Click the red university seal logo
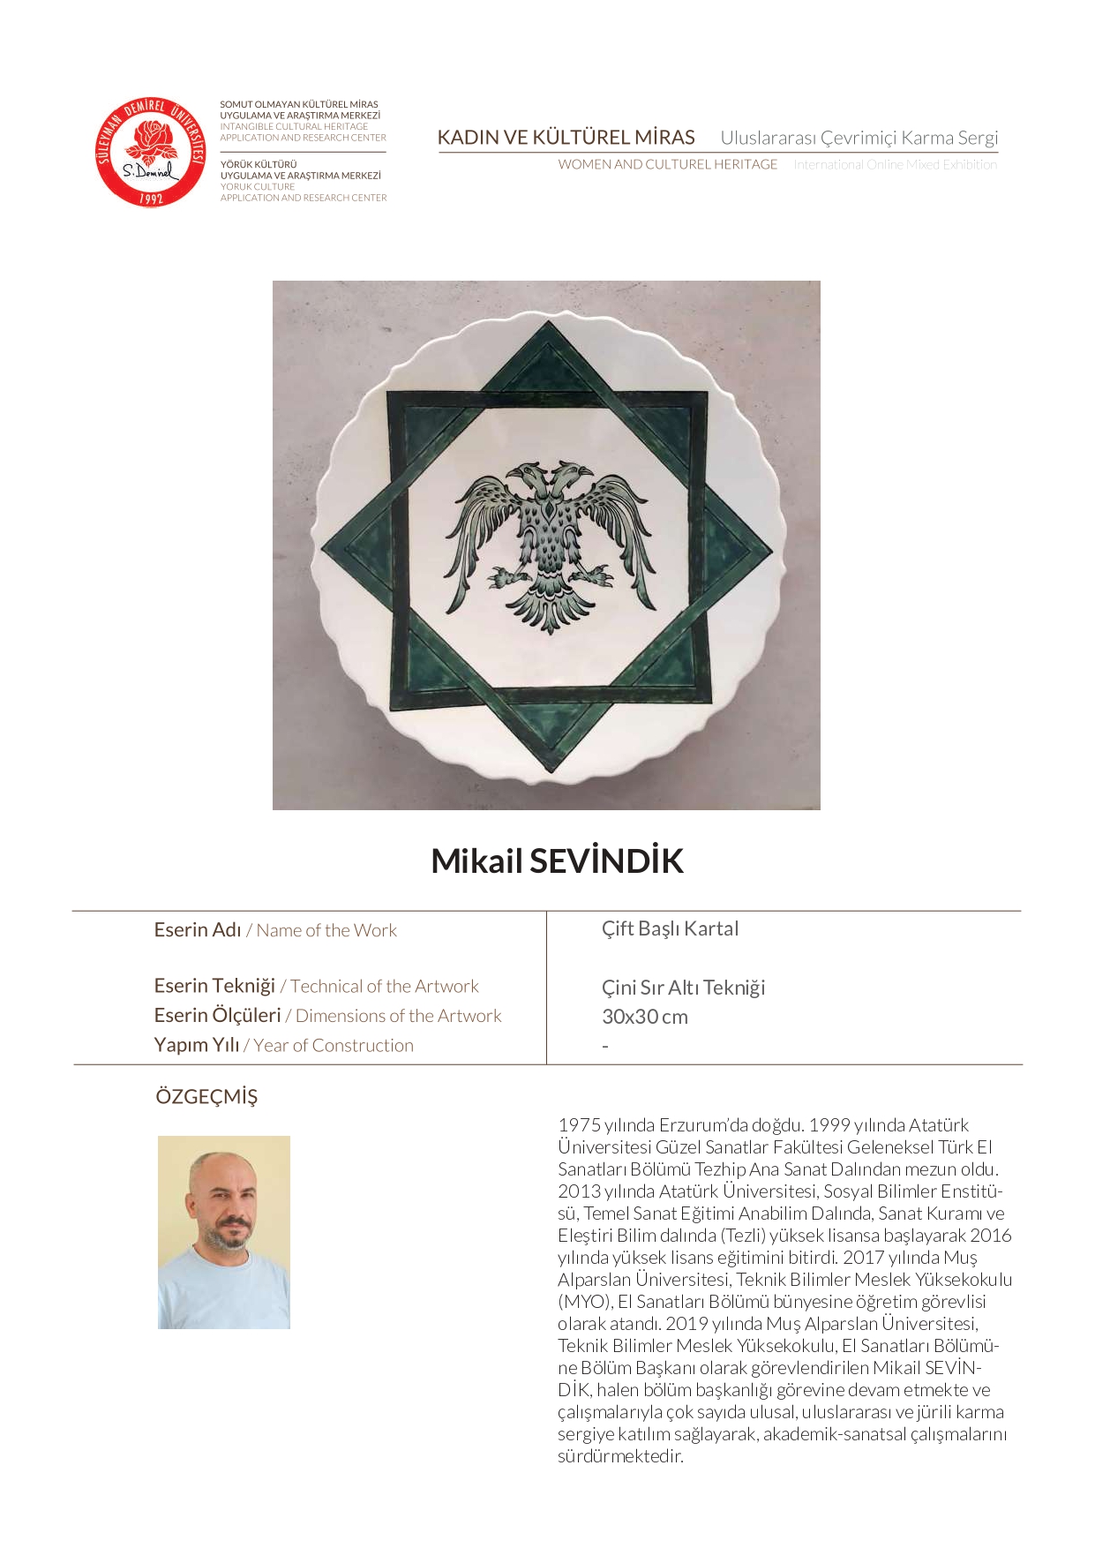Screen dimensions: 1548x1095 [x=150, y=152]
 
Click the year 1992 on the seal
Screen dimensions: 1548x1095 [x=151, y=198]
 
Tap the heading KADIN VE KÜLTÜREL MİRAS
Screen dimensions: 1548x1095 [x=566, y=138]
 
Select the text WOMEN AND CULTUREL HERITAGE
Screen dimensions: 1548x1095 [x=667, y=164]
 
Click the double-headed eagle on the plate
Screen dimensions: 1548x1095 [x=550, y=544]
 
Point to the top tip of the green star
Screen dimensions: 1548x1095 [x=549, y=325]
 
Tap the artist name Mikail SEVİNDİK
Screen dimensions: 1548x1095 [x=557, y=861]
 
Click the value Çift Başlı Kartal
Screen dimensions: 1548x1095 [x=670, y=928]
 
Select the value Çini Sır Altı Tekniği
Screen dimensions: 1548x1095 [x=683, y=987]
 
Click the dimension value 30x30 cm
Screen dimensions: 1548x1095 [x=644, y=1017]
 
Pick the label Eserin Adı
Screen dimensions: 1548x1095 [x=197, y=930]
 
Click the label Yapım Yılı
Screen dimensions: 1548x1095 [x=196, y=1045]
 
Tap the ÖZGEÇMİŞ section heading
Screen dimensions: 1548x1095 [x=206, y=1097]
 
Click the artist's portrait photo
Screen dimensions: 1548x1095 [x=224, y=1232]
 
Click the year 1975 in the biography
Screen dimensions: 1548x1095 [x=579, y=1125]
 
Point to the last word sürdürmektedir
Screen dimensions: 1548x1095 [x=620, y=1456]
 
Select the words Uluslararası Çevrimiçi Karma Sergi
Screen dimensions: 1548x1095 [x=859, y=138]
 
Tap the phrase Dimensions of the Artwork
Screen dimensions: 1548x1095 [x=398, y=1016]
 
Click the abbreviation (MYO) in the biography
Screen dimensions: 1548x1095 [x=584, y=1302]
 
